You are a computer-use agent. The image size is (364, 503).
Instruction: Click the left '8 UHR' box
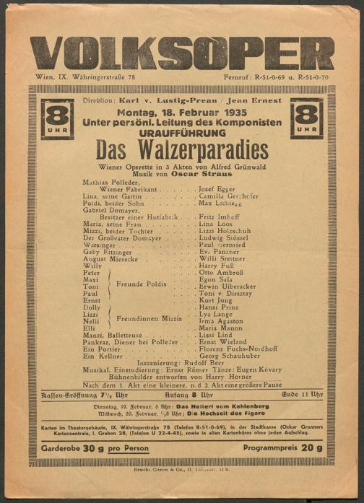point(57,118)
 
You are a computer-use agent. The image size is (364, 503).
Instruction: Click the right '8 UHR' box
point(307,118)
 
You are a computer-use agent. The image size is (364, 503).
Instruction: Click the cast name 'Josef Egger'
point(217,188)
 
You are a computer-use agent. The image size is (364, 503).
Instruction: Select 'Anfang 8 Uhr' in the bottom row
point(182,395)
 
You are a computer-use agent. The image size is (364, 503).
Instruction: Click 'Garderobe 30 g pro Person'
point(95,447)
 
